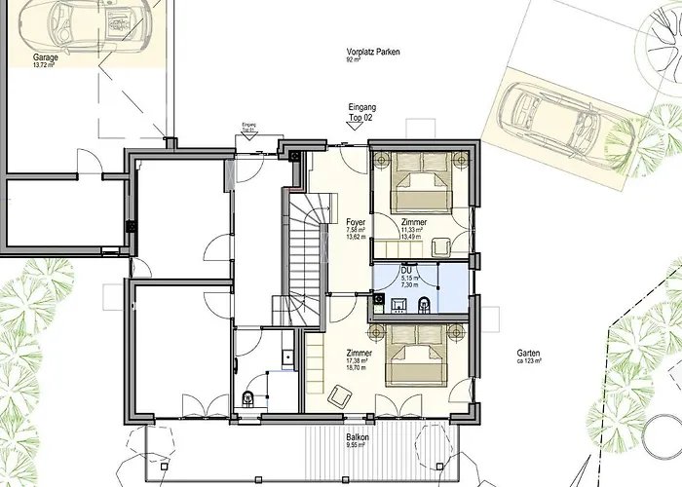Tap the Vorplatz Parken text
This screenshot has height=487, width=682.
[373, 53]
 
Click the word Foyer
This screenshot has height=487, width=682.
[356, 223]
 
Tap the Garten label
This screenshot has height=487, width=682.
[529, 355]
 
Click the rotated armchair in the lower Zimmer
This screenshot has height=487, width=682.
[340, 393]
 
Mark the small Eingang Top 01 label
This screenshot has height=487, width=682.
[248, 127]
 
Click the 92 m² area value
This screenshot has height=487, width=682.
[353, 60]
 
